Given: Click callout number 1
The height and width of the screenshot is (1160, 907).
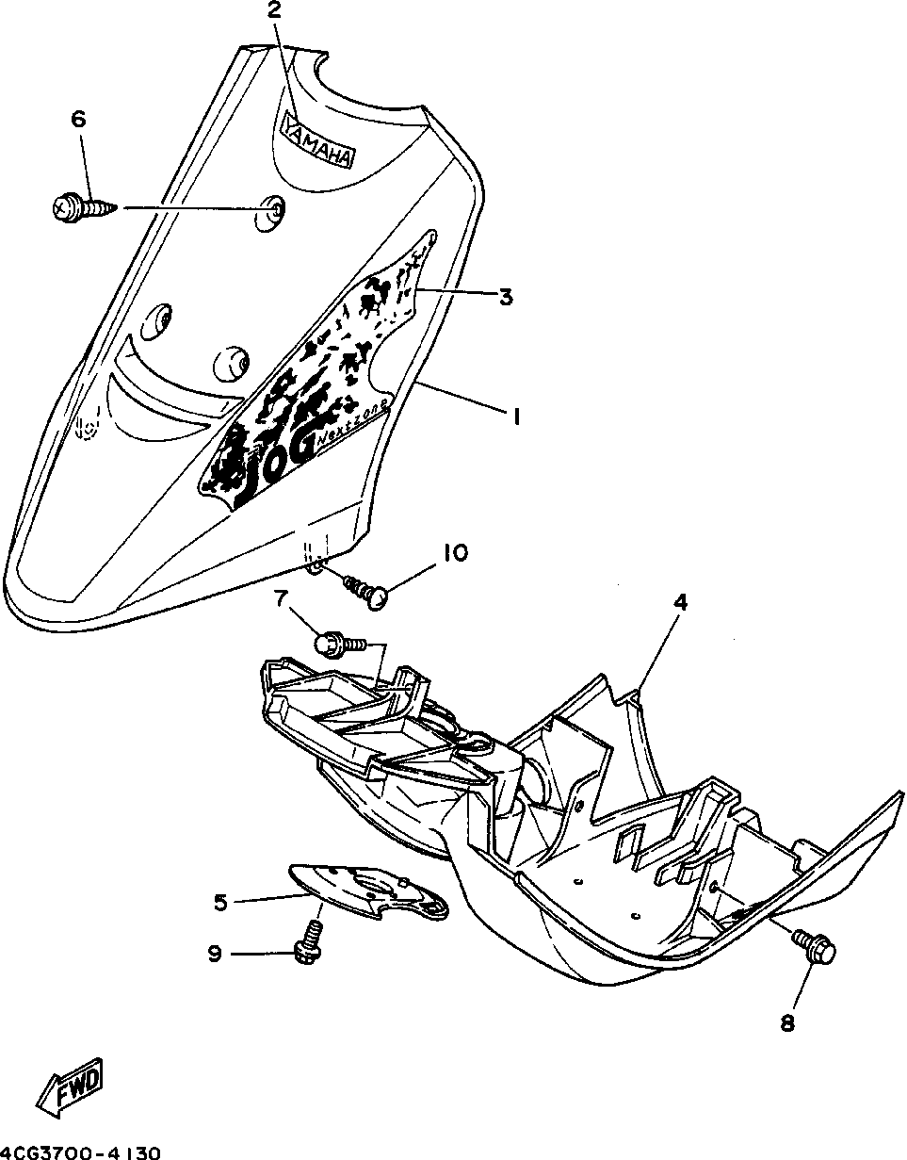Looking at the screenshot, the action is [515, 415].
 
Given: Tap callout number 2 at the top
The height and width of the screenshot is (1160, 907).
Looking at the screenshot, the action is [275, 11].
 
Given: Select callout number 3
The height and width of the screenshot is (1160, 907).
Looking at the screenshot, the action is [506, 297].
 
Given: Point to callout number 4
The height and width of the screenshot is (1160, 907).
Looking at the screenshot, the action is [680, 602].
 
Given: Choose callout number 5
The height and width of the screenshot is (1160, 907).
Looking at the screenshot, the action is [221, 902].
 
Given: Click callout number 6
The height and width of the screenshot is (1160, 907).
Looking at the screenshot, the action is [78, 120].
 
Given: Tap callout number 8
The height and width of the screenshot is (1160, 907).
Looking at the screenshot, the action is [787, 1022].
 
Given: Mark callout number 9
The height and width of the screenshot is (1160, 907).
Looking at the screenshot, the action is [216, 955].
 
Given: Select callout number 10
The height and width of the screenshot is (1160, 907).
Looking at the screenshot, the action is [455, 552].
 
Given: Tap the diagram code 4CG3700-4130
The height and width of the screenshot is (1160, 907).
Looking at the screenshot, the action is [82, 1152].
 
